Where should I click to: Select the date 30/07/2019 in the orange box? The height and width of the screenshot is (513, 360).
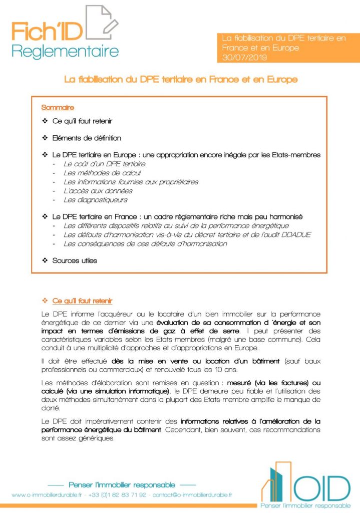pos(245,58)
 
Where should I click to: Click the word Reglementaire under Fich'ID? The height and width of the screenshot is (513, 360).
pos(65,51)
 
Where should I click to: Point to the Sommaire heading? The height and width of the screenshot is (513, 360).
pos(58,108)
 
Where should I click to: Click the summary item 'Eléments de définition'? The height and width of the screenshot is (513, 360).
pos(87,138)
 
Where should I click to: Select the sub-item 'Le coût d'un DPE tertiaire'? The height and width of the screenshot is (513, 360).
pos(104,164)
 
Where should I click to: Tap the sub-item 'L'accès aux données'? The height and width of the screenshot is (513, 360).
pos(98,191)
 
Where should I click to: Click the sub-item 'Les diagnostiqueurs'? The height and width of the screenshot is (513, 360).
pos(95,200)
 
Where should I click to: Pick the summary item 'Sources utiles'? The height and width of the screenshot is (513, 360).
pos(75,261)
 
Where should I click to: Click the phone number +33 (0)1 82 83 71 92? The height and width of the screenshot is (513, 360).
pos(118,495)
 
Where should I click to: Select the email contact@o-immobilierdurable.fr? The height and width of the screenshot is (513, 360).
pos(193,495)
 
